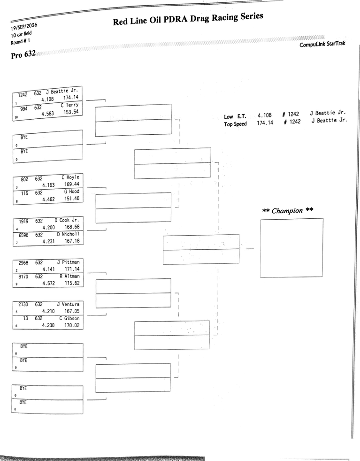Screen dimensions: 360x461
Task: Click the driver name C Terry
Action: pos(69,105)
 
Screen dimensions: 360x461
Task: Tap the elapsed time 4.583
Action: pos(47,114)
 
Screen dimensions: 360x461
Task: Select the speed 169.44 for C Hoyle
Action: pos(72,184)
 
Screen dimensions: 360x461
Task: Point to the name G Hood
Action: pos(72,192)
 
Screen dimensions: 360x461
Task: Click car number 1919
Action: pos(23,221)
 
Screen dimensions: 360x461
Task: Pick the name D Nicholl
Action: pos(68,234)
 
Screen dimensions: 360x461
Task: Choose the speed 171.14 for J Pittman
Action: pos(72,269)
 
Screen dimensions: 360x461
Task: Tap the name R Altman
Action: pos(69,276)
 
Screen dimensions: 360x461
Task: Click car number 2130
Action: pos(23,304)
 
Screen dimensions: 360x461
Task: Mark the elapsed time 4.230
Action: pos(48,325)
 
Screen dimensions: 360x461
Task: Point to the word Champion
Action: pos(287,211)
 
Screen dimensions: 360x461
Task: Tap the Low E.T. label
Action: pos(235,116)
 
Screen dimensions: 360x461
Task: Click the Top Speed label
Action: pos(235,124)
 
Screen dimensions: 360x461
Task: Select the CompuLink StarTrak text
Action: pos(322,44)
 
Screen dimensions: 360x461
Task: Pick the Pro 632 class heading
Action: pos(23,54)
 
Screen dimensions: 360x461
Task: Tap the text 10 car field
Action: pos(21,34)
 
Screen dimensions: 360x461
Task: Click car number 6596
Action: pos(23,235)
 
